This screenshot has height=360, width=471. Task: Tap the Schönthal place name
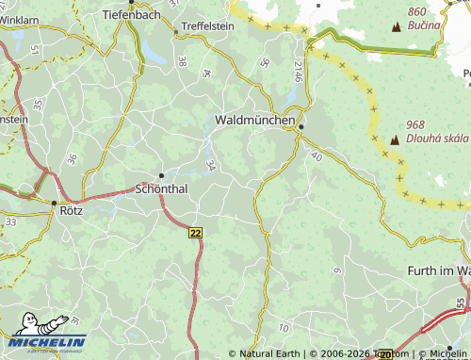(162, 188)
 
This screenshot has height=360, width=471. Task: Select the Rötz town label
(72, 211)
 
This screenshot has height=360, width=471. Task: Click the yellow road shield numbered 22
(195, 232)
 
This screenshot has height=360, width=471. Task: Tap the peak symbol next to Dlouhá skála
(394, 139)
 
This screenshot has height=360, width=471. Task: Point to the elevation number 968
(415, 125)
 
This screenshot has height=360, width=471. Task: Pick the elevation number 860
(417, 11)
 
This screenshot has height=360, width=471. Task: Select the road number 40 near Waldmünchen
(316, 156)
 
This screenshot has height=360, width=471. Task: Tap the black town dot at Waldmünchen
(301, 127)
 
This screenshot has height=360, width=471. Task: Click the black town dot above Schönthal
(162, 174)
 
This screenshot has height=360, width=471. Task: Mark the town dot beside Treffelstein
(176, 32)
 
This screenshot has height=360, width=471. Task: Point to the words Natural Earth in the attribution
(269, 354)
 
